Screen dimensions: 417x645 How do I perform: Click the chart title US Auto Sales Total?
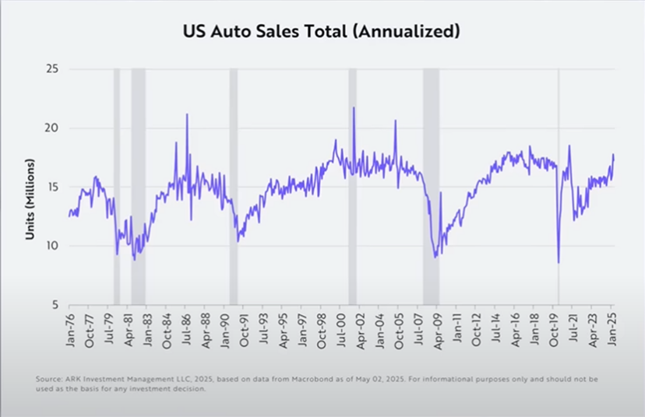click(x=322, y=32)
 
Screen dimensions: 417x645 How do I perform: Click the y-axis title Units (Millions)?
click(x=31, y=199)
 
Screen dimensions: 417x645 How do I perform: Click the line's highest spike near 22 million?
click(x=354, y=108)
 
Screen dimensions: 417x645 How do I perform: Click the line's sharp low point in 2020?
click(x=559, y=262)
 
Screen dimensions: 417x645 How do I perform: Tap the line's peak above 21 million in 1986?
click(x=187, y=115)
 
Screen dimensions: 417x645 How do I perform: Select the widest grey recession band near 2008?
click(x=431, y=187)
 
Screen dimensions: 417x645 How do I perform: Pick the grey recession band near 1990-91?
click(x=233, y=187)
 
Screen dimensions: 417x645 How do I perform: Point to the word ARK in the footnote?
click(x=69, y=379)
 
